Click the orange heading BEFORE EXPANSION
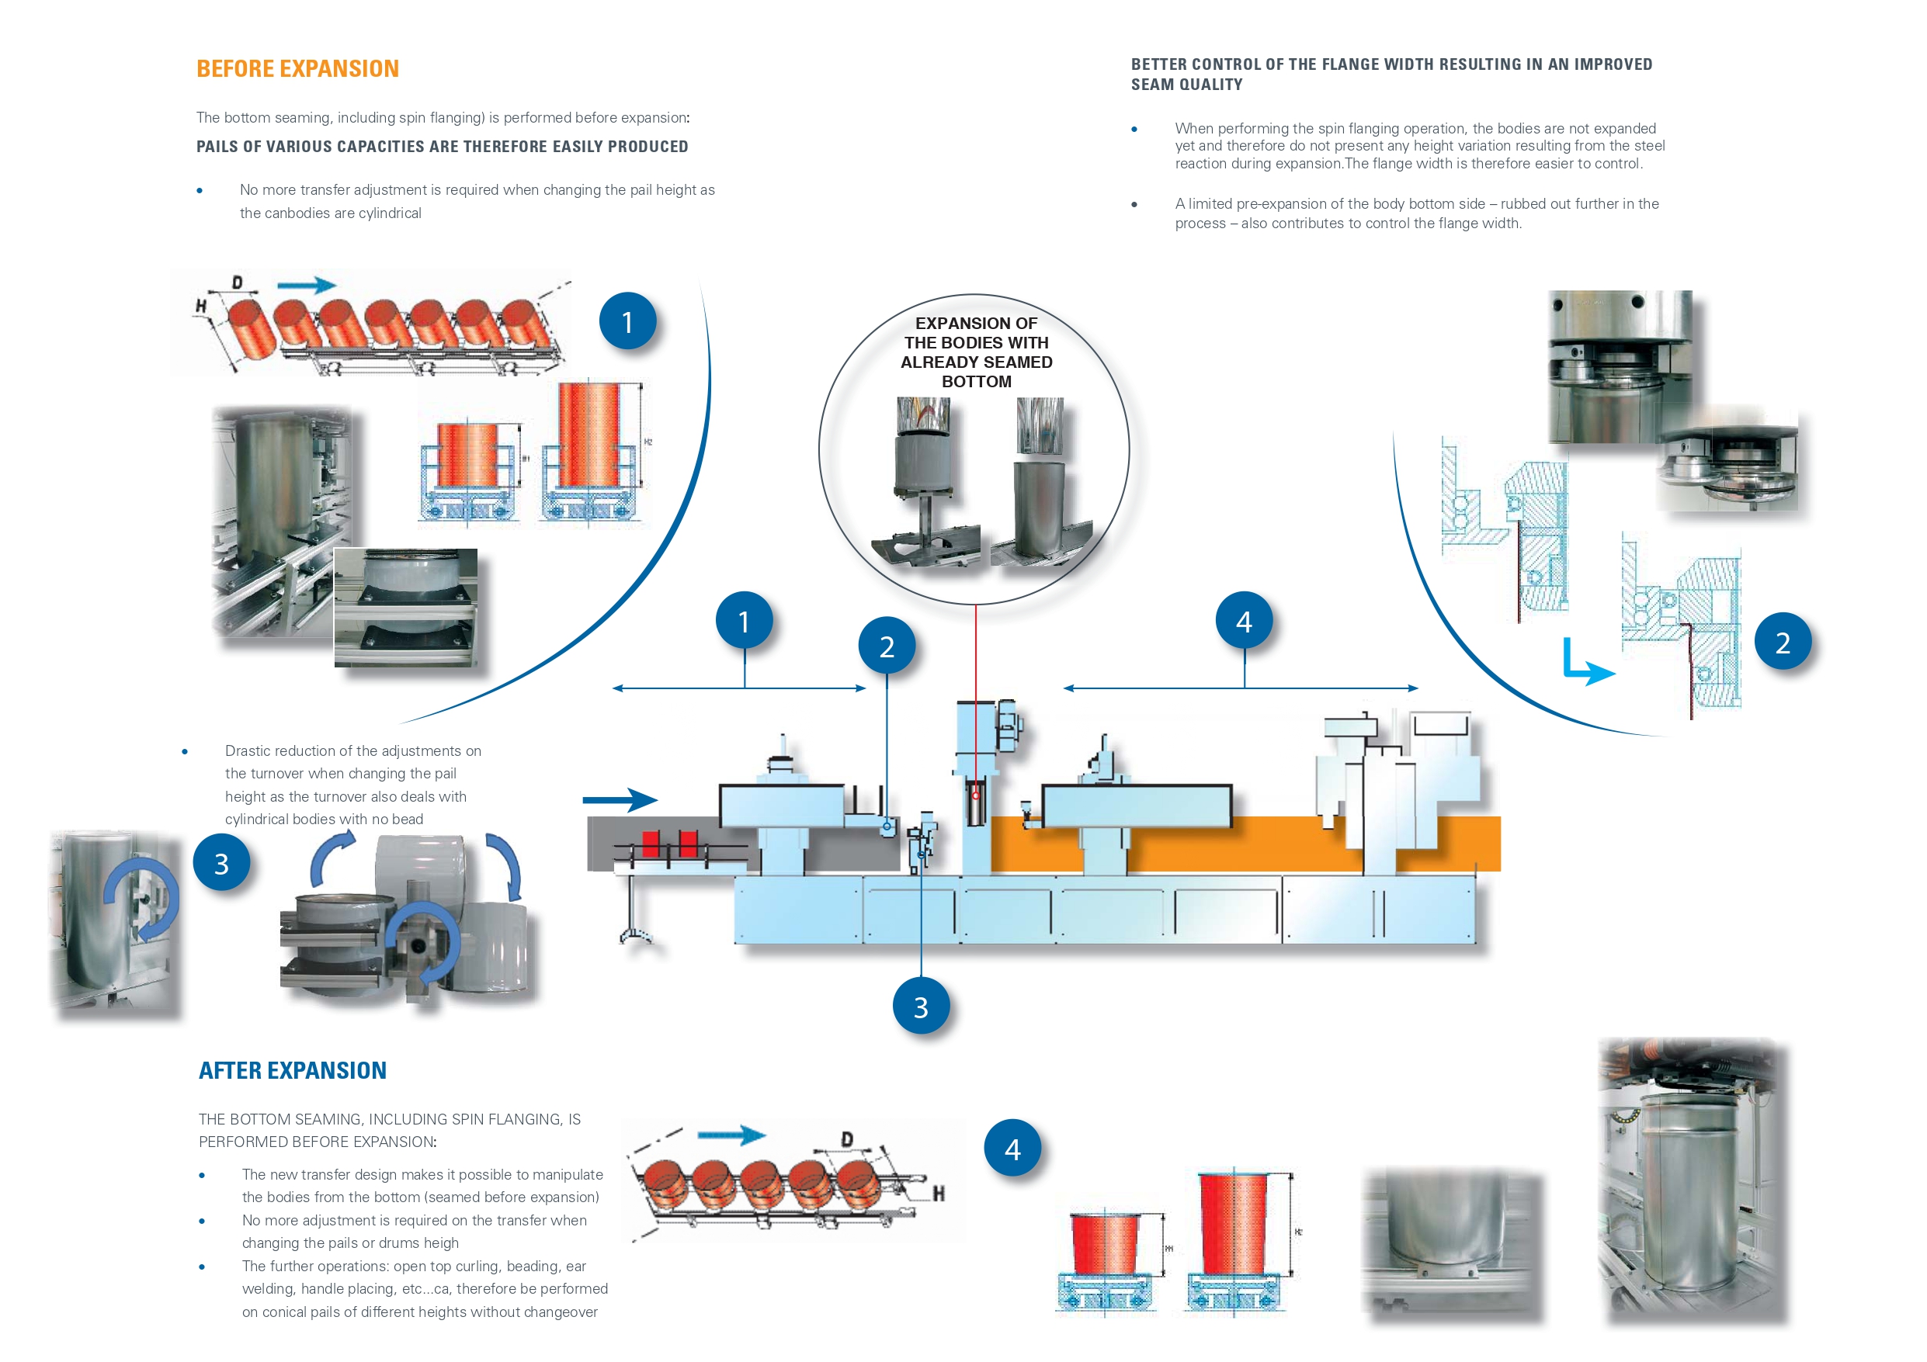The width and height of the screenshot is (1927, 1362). click(x=297, y=69)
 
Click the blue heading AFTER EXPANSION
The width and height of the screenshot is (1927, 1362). click(x=292, y=1071)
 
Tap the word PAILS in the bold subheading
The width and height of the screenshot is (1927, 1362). click(x=218, y=147)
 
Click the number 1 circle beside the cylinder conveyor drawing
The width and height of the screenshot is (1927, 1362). click(x=627, y=321)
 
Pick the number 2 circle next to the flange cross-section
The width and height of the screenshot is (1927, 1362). click(x=1783, y=643)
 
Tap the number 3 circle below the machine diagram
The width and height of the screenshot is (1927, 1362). click(x=921, y=1007)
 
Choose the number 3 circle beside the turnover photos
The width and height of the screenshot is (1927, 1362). click(x=221, y=863)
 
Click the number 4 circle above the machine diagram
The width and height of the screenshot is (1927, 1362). click(x=1244, y=621)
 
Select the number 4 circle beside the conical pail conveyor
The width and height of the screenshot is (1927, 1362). click(x=1012, y=1148)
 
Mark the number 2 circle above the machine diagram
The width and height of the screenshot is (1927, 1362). click(x=887, y=646)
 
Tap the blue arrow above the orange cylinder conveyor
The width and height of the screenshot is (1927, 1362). click(x=307, y=286)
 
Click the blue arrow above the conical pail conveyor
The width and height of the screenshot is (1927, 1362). click(x=731, y=1135)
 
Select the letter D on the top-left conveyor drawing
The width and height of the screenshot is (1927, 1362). click(x=238, y=282)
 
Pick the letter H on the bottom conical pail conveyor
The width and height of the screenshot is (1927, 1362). click(x=939, y=1193)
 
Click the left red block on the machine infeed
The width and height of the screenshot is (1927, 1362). click(x=651, y=844)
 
